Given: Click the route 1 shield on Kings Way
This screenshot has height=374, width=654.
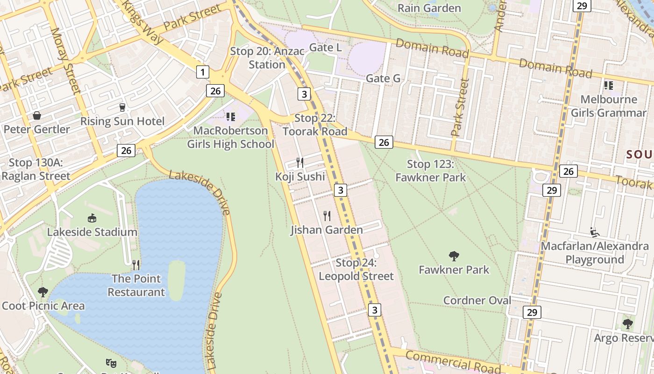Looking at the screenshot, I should click(202, 72).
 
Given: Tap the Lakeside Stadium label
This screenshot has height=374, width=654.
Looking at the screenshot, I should click(92, 232).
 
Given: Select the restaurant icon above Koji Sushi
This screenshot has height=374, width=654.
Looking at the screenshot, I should click(300, 163).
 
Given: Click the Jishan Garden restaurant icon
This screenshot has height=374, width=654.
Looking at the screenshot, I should click(327, 216).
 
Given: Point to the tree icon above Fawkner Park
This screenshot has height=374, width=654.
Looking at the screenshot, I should click(454, 256).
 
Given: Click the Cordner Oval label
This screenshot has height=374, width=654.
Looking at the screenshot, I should click(477, 300).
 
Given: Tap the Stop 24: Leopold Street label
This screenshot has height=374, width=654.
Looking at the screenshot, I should click(356, 269).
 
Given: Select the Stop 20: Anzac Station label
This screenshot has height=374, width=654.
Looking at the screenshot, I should click(267, 58).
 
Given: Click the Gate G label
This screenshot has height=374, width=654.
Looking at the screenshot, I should click(383, 78).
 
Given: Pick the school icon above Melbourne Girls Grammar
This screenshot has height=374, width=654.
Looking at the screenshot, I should click(608, 85).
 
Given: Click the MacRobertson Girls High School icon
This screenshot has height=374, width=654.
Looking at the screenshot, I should click(230, 116).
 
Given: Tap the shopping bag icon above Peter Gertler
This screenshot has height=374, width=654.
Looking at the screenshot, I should click(36, 115).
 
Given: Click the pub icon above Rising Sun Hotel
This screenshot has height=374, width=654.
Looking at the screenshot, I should click(122, 107).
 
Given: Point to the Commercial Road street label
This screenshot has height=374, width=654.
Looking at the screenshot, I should click(453, 362).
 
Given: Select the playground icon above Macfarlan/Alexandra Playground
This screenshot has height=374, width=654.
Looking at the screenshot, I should click(595, 232).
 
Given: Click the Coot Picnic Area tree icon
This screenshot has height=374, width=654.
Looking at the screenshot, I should click(43, 292).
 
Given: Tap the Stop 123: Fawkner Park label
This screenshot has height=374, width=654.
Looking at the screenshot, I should click(430, 171).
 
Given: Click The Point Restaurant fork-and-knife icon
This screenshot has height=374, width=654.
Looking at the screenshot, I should click(136, 265).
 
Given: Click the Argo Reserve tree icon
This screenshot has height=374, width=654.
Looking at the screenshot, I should click(628, 324).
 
